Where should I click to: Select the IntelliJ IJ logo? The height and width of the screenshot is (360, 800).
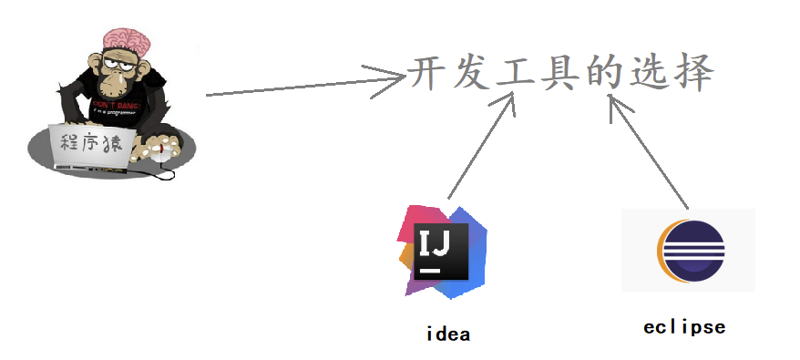442,251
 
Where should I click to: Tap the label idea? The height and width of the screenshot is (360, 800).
447,334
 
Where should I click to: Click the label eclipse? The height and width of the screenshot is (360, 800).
684,326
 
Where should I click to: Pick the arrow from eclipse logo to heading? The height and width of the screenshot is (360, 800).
649,149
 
